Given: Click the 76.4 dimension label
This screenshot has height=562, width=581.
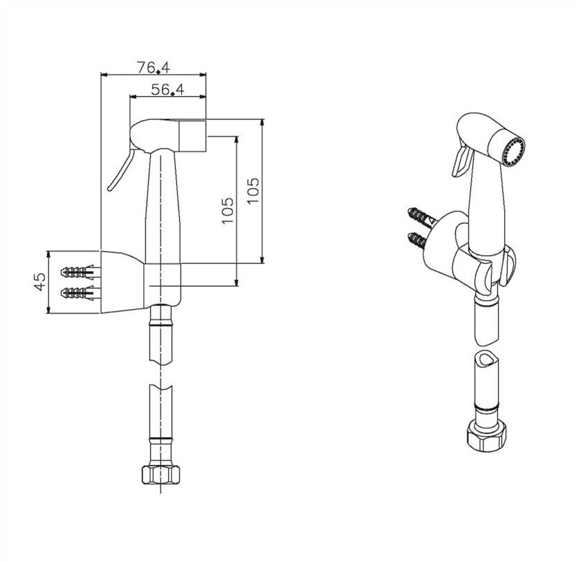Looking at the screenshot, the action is (x=154, y=67).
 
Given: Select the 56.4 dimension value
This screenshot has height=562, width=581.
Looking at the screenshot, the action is (x=167, y=89).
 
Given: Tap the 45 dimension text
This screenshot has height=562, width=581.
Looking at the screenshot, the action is (x=40, y=282).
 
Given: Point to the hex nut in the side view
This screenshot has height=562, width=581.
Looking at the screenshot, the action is (x=160, y=474).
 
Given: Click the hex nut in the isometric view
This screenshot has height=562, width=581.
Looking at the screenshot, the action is (x=486, y=437).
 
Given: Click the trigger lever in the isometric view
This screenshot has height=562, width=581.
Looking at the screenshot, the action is (x=461, y=160).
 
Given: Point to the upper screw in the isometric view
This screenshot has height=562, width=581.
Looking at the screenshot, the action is (x=421, y=217).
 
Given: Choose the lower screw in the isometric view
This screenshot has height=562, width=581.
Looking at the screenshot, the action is (x=418, y=241).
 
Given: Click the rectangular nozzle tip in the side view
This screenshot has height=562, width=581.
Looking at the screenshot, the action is (x=192, y=136).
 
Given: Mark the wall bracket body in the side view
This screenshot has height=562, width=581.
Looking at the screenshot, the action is (x=122, y=282).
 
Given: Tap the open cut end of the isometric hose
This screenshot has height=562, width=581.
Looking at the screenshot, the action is (x=486, y=358).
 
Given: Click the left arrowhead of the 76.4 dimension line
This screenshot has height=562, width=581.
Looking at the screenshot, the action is (x=104, y=75).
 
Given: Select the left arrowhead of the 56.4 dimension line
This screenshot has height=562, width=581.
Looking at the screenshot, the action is (x=133, y=97).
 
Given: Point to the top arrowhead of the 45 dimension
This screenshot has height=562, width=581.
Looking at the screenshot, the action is (x=48, y=254).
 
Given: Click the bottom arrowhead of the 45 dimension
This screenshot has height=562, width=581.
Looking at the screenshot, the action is (x=48, y=310).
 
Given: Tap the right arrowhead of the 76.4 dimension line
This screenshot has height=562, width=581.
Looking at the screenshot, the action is (x=203, y=75).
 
